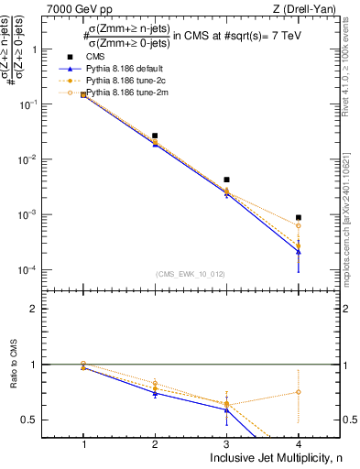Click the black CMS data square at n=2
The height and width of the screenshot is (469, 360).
tap(155, 136)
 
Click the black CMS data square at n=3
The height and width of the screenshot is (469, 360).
tap(226, 180)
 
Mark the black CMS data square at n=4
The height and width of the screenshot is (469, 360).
tap(299, 218)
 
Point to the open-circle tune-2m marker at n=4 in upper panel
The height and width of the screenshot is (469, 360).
tap(299, 225)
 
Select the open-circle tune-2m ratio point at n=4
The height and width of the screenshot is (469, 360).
tap(299, 392)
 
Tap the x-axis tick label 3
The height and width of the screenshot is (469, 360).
tap(226, 442)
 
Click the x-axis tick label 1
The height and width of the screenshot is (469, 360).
tap(83, 442)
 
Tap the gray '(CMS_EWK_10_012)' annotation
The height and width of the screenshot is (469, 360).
tap(191, 273)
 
